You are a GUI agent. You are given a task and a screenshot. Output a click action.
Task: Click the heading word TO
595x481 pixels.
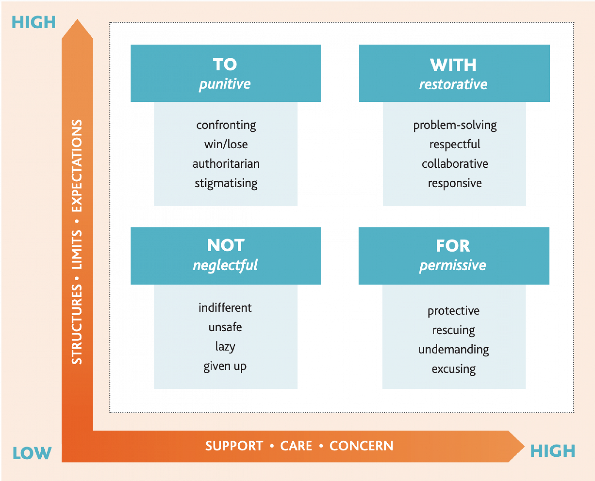click(225, 64)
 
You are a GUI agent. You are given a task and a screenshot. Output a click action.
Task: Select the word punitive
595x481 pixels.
click(225, 84)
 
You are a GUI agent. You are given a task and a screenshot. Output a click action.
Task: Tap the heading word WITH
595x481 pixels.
click(453, 65)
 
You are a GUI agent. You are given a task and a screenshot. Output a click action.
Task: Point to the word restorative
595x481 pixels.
click(453, 84)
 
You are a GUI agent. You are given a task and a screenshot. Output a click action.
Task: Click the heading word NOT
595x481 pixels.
click(226, 245)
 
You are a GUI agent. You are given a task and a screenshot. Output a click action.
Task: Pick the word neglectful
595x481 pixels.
click(225, 265)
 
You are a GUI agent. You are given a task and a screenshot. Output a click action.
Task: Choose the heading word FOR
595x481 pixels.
click(453, 246)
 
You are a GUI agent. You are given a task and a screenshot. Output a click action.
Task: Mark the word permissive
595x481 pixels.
click(452, 265)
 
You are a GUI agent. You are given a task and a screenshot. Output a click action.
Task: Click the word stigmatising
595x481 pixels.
click(226, 183)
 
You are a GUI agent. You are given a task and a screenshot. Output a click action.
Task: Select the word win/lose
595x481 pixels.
click(226, 144)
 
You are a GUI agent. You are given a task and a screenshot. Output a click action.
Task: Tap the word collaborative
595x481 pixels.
click(455, 164)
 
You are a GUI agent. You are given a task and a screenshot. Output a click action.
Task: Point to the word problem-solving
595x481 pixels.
click(455, 125)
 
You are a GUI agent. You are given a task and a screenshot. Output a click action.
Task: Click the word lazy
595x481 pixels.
click(225, 347)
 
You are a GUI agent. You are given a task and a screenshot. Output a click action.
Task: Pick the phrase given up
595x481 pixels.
click(225, 366)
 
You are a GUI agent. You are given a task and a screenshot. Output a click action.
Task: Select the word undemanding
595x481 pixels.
click(453, 350)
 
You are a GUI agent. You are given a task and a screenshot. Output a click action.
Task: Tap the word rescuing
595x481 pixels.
click(453, 330)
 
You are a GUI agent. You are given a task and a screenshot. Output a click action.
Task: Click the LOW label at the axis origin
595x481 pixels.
click(32, 453)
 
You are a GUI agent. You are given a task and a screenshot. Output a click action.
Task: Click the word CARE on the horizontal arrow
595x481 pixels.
click(296, 446)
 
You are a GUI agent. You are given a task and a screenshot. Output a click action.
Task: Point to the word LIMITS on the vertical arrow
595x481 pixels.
click(77, 250)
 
